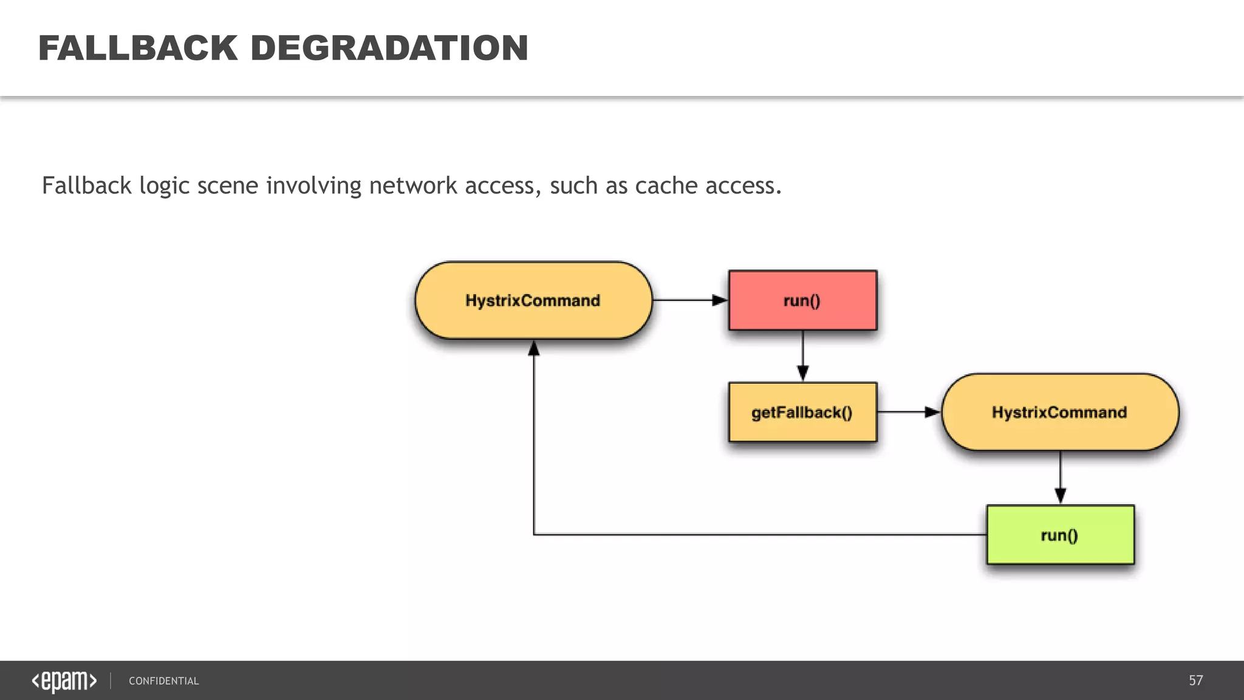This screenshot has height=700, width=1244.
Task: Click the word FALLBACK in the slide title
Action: click(x=138, y=48)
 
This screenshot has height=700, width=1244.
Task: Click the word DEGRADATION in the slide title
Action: click(x=389, y=48)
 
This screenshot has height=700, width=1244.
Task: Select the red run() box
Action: click(x=802, y=300)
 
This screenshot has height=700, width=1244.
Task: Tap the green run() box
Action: click(x=1060, y=535)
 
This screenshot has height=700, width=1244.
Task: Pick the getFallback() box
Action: click(x=802, y=412)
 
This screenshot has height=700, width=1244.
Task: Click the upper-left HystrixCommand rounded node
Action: click(x=533, y=300)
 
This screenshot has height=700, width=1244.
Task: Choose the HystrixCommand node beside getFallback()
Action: click(x=1059, y=412)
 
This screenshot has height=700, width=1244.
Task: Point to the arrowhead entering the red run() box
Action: click(x=720, y=300)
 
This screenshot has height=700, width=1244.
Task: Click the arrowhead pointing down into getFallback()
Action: click(x=802, y=373)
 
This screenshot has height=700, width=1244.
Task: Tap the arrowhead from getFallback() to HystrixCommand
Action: click(x=932, y=412)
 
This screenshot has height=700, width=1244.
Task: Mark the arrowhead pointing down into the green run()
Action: click(x=1060, y=495)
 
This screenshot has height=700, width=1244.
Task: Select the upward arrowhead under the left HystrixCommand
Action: click(x=533, y=348)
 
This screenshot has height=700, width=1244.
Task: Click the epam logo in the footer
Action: click(x=64, y=681)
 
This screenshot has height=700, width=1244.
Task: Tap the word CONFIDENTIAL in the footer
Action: click(x=163, y=681)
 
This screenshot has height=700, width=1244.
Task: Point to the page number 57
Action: click(x=1195, y=681)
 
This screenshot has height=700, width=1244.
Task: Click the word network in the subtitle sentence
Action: click(x=413, y=185)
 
